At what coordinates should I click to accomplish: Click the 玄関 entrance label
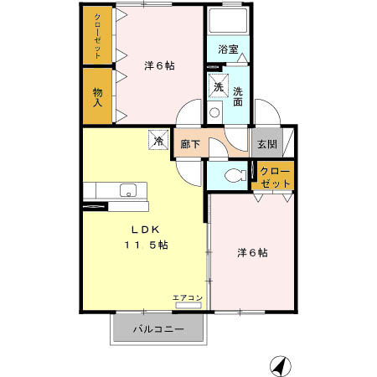coord(267,144)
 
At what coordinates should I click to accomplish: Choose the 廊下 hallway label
coord(190,144)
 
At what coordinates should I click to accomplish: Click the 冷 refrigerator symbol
coord(157,141)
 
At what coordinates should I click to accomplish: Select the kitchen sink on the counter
coord(129,188)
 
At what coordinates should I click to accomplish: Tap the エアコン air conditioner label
coord(188,298)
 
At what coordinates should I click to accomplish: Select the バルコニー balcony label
coord(158,329)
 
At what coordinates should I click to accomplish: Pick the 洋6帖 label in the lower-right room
coord(251,251)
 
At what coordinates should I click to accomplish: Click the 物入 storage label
coord(97,97)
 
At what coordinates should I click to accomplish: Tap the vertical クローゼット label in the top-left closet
coord(97,35)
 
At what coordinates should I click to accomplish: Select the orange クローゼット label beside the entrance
coord(275,177)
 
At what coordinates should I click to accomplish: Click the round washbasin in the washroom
coord(214,111)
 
